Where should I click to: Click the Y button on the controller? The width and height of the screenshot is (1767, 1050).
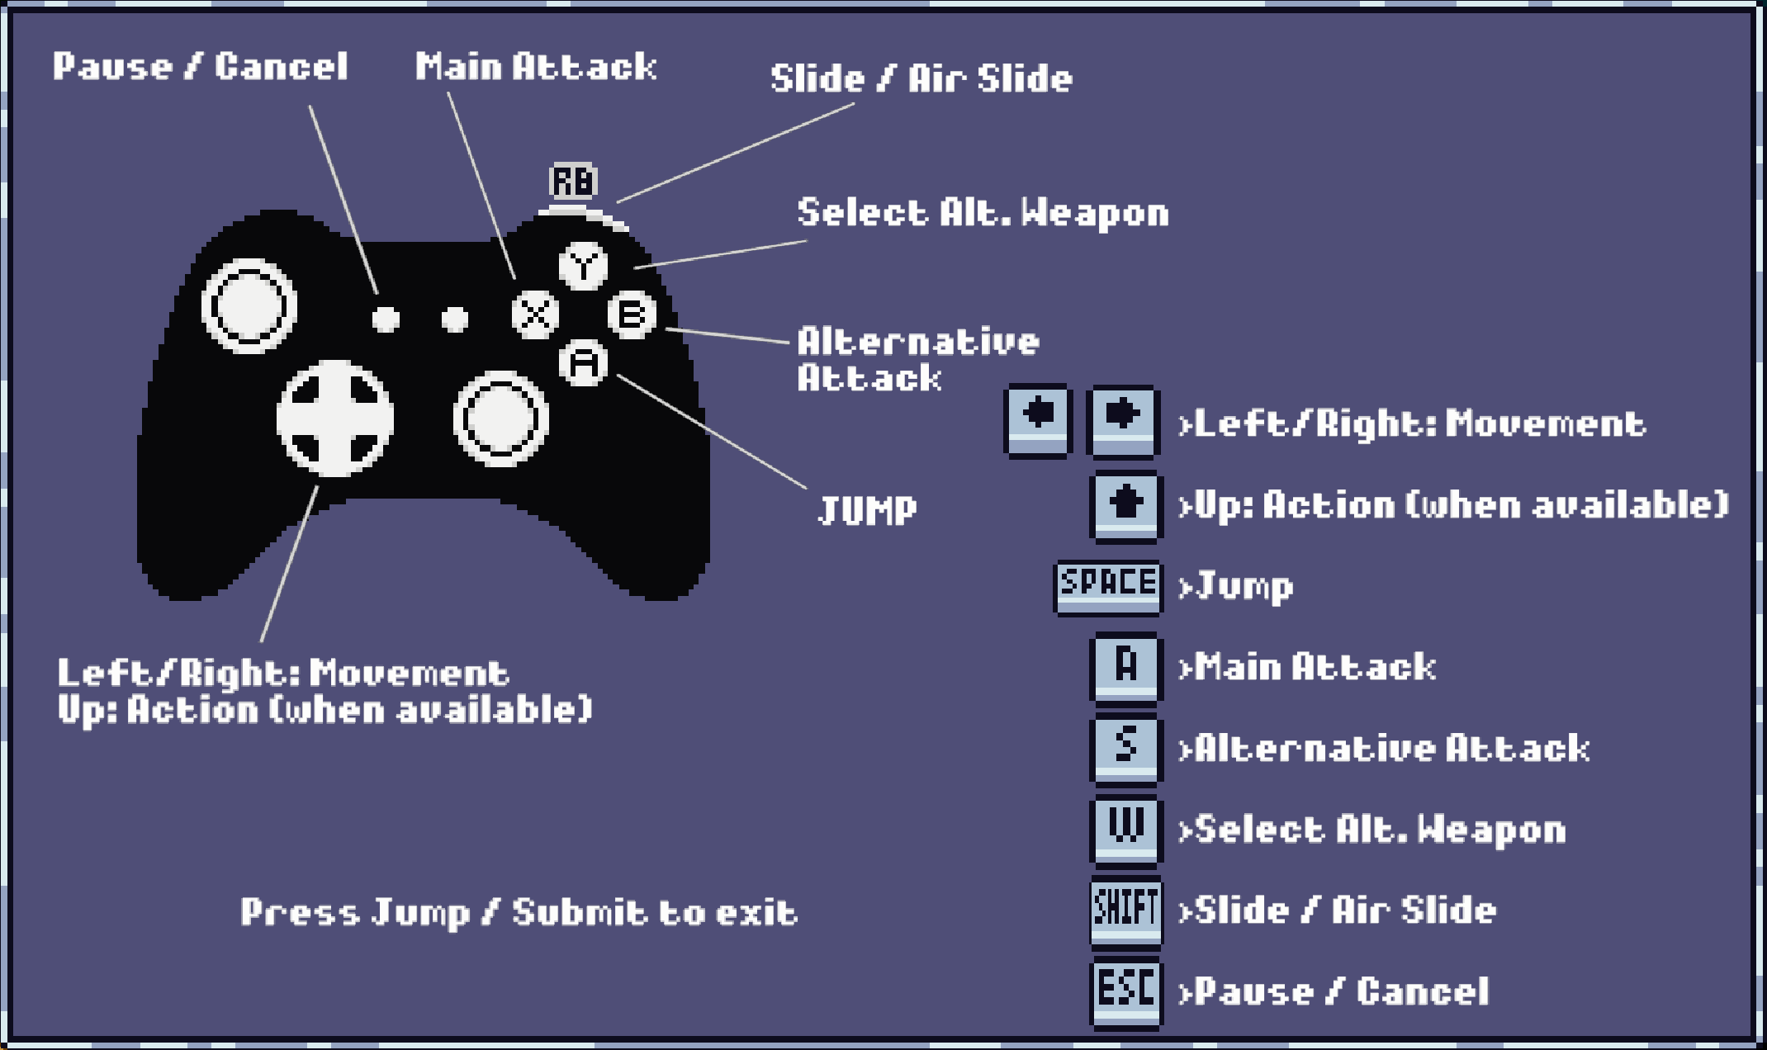pos(584,265)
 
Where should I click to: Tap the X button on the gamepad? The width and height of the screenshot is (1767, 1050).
pos(535,314)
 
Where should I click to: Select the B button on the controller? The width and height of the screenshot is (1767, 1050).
pos(632,314)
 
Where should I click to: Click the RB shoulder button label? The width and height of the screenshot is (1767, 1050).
pos(573,182)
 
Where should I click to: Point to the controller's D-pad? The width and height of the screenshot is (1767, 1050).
pos(335,418)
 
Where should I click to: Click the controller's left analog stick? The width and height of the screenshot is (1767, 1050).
pos(249,306)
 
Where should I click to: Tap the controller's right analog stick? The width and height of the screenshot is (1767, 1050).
pos(500,419)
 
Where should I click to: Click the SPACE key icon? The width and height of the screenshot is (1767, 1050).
pos(1108,587)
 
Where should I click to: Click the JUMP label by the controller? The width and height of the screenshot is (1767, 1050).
pos(867,509)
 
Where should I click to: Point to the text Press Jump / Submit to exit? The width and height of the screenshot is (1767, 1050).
pos(519,912)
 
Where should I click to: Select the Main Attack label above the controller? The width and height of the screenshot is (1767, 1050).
pos(535,67)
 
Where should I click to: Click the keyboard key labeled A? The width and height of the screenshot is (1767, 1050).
pos(1126,667)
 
